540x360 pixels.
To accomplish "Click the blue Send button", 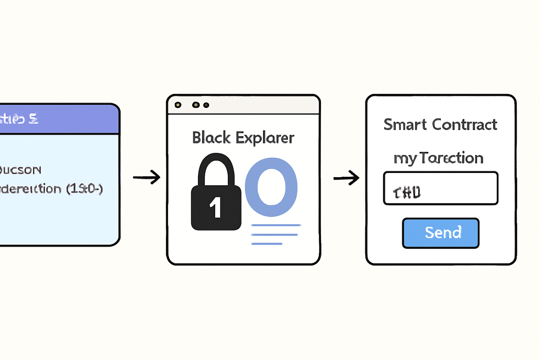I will click(441, 233).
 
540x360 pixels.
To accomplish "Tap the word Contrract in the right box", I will click(464, 124).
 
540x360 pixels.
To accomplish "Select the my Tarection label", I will click(438, 158).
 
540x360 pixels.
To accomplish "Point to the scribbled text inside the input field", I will click(407, 192).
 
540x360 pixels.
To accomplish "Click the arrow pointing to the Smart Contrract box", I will click(346, 178).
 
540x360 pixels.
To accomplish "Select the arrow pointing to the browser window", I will click(147, 177).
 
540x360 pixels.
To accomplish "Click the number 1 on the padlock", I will click(216, 207).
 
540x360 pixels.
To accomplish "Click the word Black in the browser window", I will click(211, 137).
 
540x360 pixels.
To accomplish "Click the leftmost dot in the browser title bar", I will click(178, 105).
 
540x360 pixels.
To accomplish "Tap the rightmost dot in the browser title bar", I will click(206, 105).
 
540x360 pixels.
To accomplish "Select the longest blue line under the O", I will click(276, 225).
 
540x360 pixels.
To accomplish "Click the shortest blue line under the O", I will click(267, 244).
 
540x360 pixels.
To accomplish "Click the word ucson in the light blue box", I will click(21, 170).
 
